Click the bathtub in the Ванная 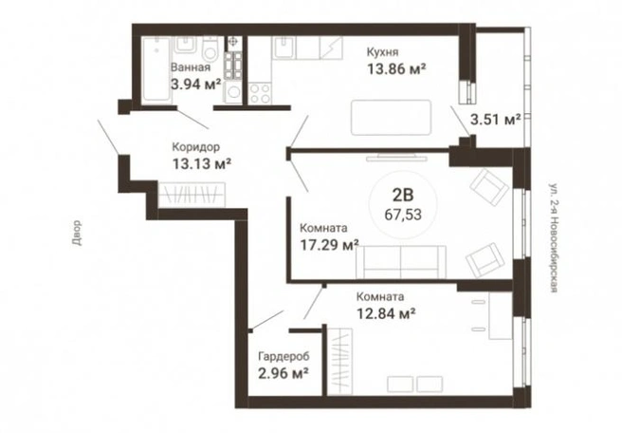155,70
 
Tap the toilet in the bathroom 210,48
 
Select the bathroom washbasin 185,46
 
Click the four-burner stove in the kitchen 260,93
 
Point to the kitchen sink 284,47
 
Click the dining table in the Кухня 392,118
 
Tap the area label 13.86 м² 396,69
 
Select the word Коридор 195,147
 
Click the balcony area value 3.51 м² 496,120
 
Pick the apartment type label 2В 403,195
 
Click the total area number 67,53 403,215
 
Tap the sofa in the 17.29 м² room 401,262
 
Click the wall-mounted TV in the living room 396,159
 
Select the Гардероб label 284,357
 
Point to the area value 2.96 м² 284,373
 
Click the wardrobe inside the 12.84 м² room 340,362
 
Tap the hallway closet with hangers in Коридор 192,195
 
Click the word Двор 77,233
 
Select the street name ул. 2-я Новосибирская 554,237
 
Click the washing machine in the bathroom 233,92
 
